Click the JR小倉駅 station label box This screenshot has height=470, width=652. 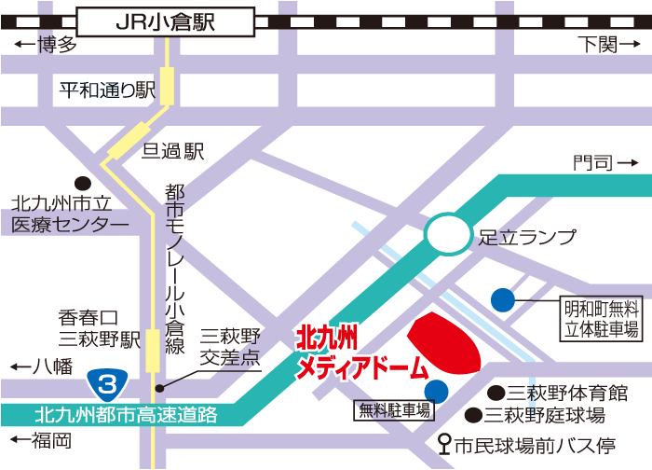(166, 21)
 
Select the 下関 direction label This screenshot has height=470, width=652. (604, 44)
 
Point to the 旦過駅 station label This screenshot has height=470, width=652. (172, 151)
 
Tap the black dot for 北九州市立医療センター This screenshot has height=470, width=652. (82, 183)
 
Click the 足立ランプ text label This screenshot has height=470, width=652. (527, 237)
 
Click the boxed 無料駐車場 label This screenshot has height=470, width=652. (395, 409)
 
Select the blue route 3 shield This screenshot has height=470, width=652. (107, 381)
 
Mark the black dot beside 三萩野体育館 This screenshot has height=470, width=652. (498, 393)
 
